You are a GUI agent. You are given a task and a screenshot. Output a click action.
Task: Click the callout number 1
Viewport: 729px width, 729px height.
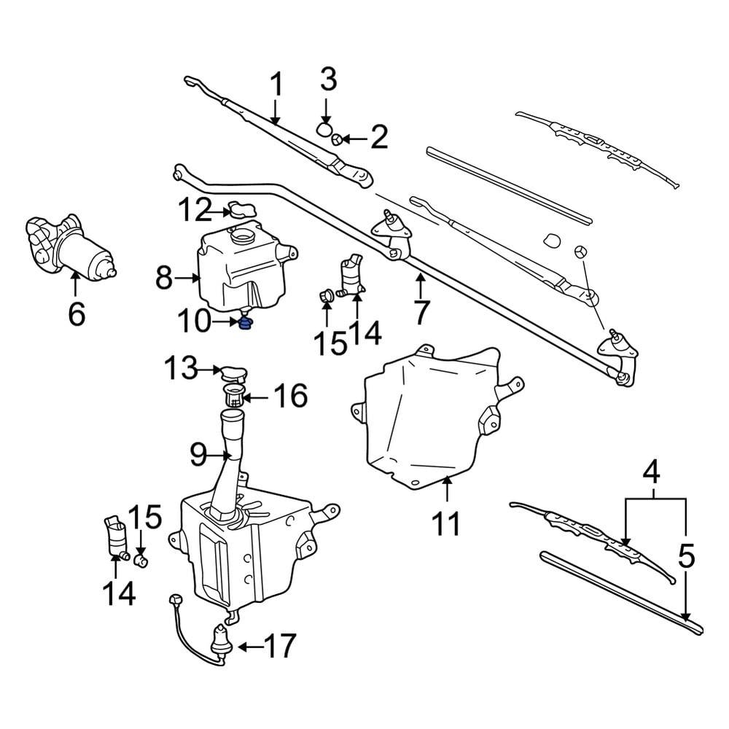(x=276, y=87)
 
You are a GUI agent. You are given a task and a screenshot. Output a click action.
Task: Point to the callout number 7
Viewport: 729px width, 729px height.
(x=421, y=311)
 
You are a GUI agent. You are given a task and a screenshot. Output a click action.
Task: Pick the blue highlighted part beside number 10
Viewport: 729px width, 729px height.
(x=247, y=324)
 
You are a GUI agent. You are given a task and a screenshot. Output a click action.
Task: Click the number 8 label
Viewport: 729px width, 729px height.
(x=165, y=278)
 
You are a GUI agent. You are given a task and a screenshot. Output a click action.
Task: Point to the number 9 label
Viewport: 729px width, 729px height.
(x=199, y=456)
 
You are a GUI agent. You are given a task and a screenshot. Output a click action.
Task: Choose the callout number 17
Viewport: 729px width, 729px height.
(x=280, y=646)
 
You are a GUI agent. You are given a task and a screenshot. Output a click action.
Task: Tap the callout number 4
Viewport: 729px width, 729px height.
(x=651, y=473)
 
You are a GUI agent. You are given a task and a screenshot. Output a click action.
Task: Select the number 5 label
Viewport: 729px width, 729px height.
(x=685, y=558)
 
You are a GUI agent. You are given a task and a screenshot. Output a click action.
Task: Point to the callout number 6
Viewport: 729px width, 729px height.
(x=77, y=314)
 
